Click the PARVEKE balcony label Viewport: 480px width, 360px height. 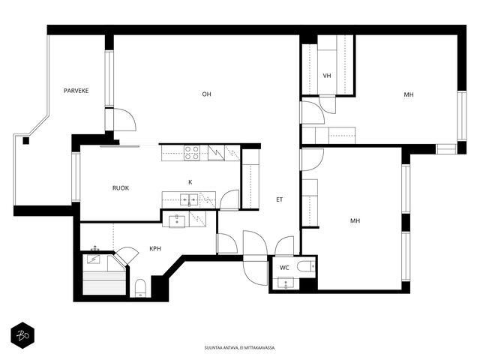coord(76,91)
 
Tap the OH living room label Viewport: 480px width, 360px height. coord(207,94)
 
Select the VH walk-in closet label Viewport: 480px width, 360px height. coord(327,76)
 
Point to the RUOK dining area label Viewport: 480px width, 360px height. coord(121,188)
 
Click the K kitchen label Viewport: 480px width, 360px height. coord(190,182)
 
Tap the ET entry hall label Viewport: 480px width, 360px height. coord(280,199)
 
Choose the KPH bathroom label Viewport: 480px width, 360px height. coord(155,248)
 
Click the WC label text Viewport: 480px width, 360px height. coord(284,268)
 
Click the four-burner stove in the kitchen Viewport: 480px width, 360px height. coord(192,153)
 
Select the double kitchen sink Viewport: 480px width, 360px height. coord(189,199)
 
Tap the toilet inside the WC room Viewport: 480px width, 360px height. coord(306,266)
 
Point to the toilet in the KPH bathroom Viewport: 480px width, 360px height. coord(140,288)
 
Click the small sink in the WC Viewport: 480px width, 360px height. coord(286,283)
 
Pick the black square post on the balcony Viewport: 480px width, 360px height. coord(26,141)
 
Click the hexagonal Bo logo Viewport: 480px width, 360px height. coord(22,335)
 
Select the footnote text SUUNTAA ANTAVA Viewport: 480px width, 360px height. coord(219,348)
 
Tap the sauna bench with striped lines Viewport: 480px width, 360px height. coord(104,283)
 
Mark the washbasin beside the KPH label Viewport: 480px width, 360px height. coord(177,221)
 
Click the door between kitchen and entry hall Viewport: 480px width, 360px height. coord(229,200)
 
